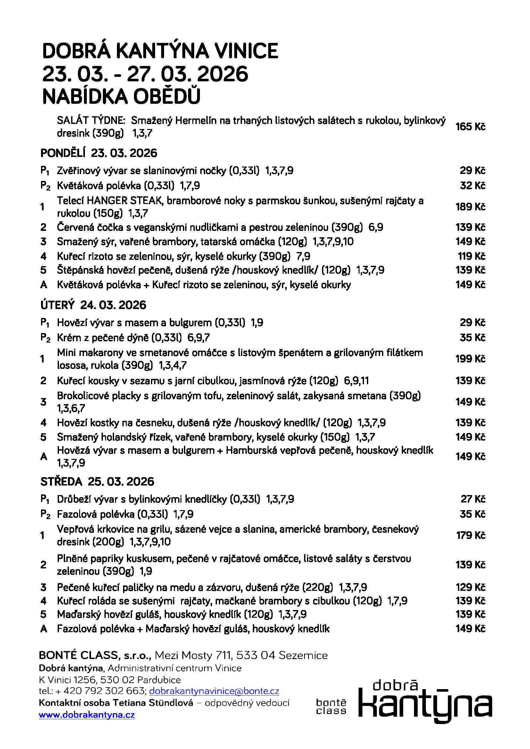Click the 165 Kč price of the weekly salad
(470, 126)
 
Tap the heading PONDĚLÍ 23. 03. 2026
(99, 153)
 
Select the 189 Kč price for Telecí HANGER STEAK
(470, 207)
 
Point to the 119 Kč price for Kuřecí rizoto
(471, 256)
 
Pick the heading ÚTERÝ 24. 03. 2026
(93, 305)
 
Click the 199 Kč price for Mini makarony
(470, 359)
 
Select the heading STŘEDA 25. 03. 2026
(97, 482)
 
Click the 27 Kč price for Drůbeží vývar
(473, 499)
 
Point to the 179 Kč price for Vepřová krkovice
(470, 535)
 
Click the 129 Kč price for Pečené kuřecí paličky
(470, 587)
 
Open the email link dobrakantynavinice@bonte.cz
(214, 691)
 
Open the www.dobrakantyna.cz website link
(87, 715)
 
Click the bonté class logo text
(331, 707)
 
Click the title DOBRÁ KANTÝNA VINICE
(160, 51)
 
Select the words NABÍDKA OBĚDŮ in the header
(121, 97)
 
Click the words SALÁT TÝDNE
(91, 120)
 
